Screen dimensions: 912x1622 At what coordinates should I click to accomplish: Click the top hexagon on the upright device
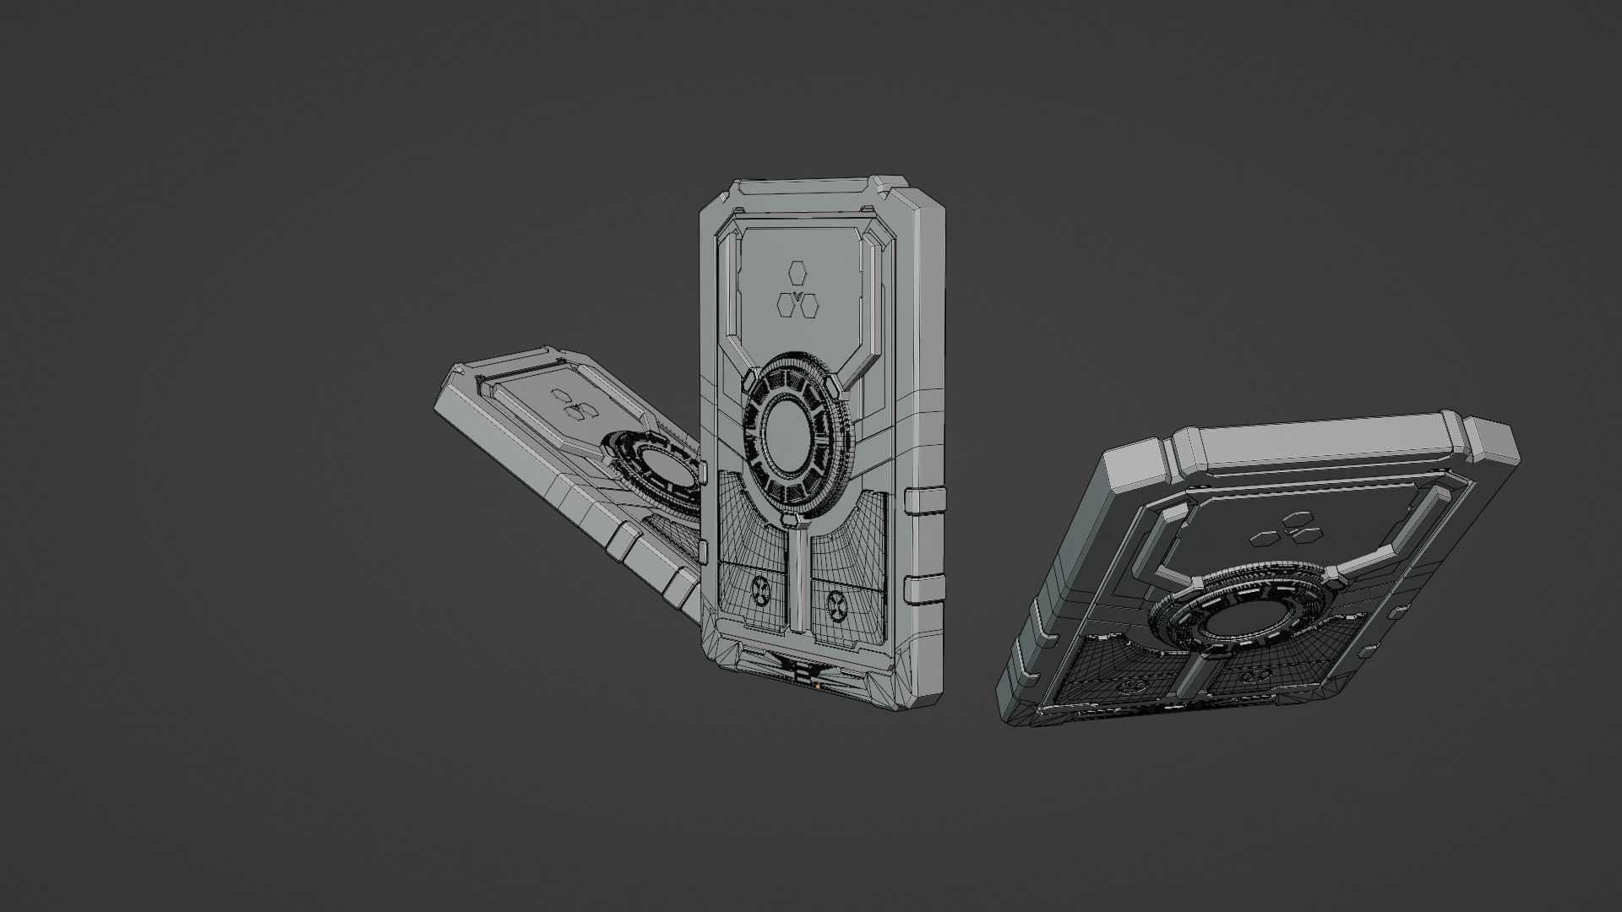pyautogui.click(x=797, y=272)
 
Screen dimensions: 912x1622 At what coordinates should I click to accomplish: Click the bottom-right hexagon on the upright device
pyautogui.click(x=808, y=302)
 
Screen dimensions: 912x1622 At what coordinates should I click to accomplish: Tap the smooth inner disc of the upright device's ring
pyautogui.click(x=793, y=431)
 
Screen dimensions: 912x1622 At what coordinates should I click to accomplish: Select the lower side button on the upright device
pyautogui.click(x=923, y=590)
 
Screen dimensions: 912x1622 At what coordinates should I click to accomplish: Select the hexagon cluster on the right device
pyautogui.click(x=1287, y=529)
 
